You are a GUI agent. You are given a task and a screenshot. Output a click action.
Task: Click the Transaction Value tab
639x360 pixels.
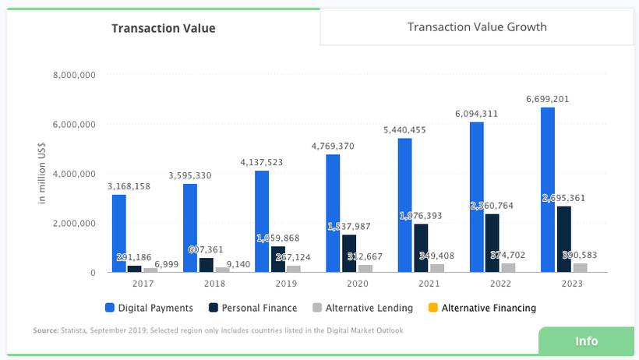coord(163,29)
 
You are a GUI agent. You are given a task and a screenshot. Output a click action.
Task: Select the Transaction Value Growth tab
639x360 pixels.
coord(477,27)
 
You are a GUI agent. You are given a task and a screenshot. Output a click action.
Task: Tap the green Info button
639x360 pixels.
coord(586,341)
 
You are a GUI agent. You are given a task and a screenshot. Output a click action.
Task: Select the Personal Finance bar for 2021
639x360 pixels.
coord(421,248)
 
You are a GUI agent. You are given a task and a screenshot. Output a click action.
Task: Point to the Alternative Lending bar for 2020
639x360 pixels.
coord(365,268)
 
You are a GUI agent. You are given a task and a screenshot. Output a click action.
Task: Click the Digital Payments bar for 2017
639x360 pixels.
coord(118,233)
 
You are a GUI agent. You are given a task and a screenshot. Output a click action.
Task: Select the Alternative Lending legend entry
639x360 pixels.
coord(369,308)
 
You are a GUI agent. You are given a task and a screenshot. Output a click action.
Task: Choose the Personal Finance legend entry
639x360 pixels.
coord(257,308)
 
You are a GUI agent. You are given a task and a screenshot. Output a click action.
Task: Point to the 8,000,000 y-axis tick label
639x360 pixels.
coord(73,76)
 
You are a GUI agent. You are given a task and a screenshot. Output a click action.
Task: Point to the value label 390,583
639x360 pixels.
coord(580,256)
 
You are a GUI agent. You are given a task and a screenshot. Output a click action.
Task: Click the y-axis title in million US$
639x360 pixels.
coord(43,173)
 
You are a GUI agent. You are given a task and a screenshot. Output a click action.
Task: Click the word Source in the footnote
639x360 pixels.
coord(45,331)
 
